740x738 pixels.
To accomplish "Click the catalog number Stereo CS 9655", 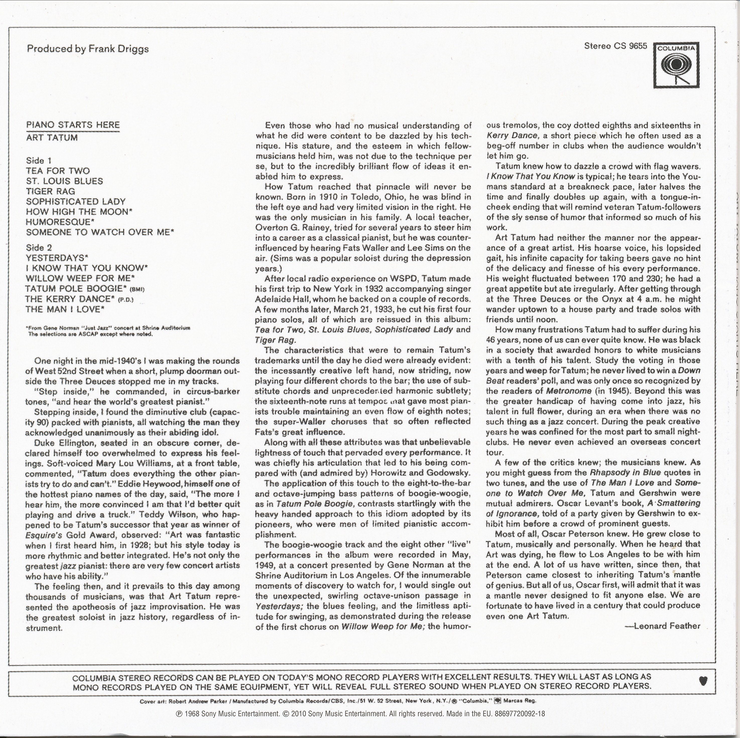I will pyautogui.click(x=615, y=46).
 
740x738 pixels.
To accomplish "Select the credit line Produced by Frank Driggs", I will pyautogui.click(x=88, y=49).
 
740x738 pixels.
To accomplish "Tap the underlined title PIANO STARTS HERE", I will pyautogui.click(x=73, y=125).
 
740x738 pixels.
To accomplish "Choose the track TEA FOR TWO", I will pyautogui.click(x=58, y=171).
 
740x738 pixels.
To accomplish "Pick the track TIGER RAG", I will pyautogui.click(x=50, y=191).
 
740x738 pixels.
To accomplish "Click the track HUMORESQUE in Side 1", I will pyautogui.click(x=60, y=222).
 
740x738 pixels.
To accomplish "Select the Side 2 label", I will pyautogui.click(x=39, y=248).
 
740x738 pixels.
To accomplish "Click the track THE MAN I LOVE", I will pyautogui.click(x=65, y=309).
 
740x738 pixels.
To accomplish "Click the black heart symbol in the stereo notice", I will pyautogui.click(x=703, y=681).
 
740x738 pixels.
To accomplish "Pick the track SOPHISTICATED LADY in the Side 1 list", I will pyautogui.click(x=76, y=202).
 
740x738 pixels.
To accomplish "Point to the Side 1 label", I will pyautogui.click(x=39, y=160).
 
